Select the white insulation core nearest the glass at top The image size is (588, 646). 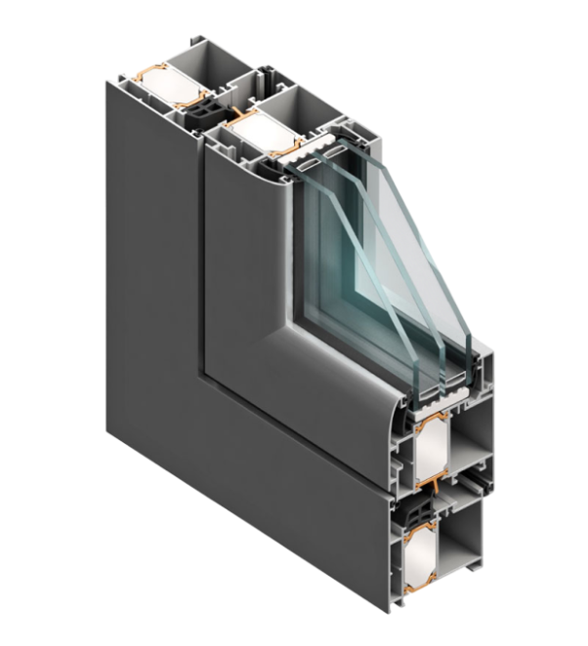(257, 131)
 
